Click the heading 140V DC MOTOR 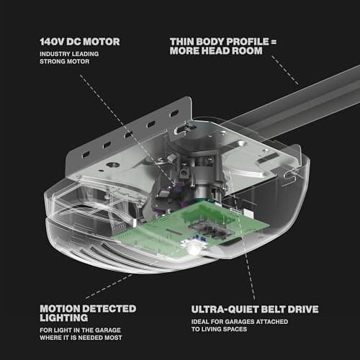pos(80,42)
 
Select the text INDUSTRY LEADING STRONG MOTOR pos(69,58)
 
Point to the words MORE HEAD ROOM pos(216,50)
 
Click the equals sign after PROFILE pos(274,42)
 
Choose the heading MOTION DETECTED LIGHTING pos(88,313)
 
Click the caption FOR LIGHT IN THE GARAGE pos(80,330)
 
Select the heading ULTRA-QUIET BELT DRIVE pos(255,310)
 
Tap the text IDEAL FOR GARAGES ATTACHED pos(240,322)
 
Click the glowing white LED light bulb pos(194,250)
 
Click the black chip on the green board pos(211,228)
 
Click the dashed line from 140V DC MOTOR pos(127,130)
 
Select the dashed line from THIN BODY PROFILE pos(285,70)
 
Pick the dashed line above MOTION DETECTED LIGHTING pos(109,287)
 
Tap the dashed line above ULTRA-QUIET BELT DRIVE pos(250,276)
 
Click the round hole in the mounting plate pos(113,165)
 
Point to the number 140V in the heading pos(52,42)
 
